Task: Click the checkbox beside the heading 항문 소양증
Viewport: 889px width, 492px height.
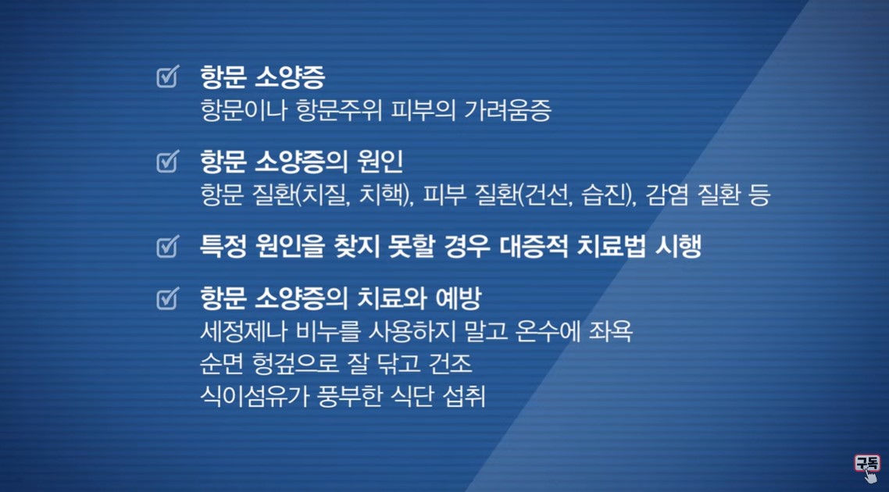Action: (x=168, y=77)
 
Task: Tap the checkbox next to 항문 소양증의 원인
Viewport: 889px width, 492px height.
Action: (x=168, y=162)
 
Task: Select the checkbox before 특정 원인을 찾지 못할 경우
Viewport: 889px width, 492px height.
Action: (x=168, y=247)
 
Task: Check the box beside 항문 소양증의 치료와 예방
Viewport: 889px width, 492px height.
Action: (x=168, y=298)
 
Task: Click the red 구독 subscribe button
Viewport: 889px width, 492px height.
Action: (x=867, y=463)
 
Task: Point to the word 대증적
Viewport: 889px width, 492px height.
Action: (x=534, y=247)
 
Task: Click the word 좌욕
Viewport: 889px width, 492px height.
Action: (x=611, y=332)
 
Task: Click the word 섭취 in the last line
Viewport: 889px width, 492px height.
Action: (x=464, y=396)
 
